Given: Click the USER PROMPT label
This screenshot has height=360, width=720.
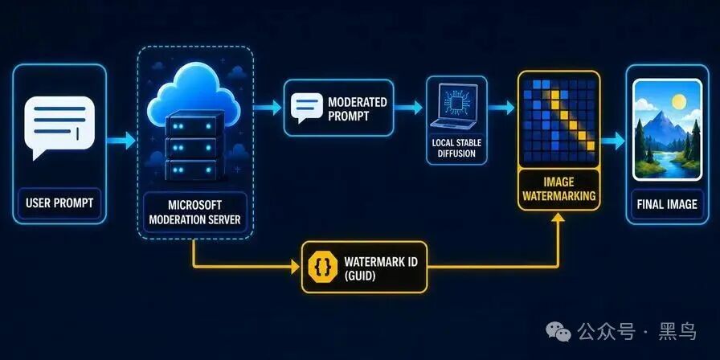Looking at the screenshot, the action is coord(59,202).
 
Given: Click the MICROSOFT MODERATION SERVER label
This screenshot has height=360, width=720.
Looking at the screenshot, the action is coord(194,211).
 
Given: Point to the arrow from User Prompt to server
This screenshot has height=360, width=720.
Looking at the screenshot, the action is coord(121,141).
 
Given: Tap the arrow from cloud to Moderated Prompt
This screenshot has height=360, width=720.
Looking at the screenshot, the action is coord(267,108).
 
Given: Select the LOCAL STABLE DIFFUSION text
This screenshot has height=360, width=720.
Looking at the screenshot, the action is coord(456,148).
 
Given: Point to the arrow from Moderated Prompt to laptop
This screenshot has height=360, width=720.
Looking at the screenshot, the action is coord(408,108).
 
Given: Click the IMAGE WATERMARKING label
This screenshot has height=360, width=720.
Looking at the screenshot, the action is coord(559,189).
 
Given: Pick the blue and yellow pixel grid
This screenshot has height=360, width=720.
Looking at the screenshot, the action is coord(558,121).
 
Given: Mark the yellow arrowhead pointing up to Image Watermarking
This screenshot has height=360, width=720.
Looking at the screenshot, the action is coord(558,218).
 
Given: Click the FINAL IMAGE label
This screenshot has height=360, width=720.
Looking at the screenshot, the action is coord(667,204).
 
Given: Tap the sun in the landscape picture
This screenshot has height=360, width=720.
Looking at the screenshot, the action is coord(679,101).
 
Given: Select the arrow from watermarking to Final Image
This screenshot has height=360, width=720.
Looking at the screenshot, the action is coord(612,141).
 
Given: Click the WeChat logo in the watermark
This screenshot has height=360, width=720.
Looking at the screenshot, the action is coord(558,330).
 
